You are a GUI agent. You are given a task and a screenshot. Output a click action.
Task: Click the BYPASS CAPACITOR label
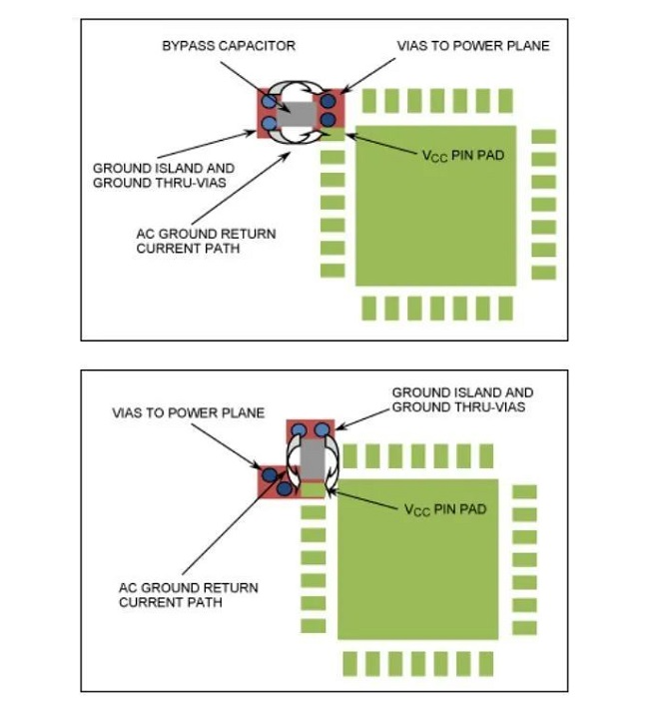click(228, 47)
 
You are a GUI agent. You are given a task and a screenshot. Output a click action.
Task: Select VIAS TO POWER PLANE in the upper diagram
click(473, 47)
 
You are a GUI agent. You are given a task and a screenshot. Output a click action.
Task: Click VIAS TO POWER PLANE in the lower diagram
click(188, 412)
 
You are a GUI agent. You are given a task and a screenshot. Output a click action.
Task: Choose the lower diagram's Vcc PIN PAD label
click(445, 509)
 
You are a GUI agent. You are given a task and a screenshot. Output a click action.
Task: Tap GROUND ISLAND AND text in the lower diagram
click(462, 393)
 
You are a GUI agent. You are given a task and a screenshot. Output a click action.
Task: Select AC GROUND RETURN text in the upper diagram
click(207, 234)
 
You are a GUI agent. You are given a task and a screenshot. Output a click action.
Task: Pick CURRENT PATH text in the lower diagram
click(171, 602)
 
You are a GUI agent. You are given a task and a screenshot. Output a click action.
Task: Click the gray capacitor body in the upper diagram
click(298, 114)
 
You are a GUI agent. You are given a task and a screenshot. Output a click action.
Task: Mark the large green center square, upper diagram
click(435, 205)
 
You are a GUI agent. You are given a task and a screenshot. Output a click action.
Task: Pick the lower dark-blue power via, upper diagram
click(328, 120)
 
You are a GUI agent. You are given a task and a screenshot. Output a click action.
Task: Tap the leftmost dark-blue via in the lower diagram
click(269, 473)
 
